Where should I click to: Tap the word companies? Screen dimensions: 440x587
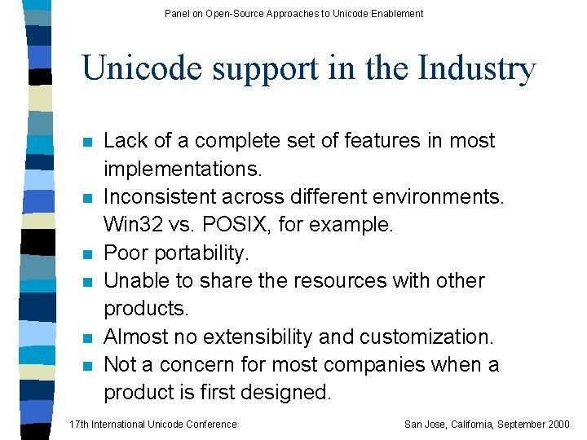pyautogui.click(x=361, y=364)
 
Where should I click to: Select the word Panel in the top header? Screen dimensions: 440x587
pyautogui.click(x=177, y=13)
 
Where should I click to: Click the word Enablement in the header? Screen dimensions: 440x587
pyautogui.click(x=396, y=13)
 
